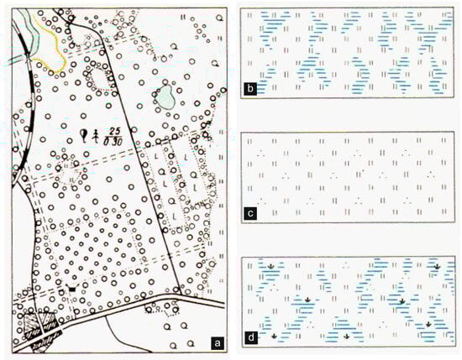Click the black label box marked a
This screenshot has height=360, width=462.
pos(217,342)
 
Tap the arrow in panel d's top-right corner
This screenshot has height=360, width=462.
pos(438,269)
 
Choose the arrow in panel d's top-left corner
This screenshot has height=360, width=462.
pos(272,269)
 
